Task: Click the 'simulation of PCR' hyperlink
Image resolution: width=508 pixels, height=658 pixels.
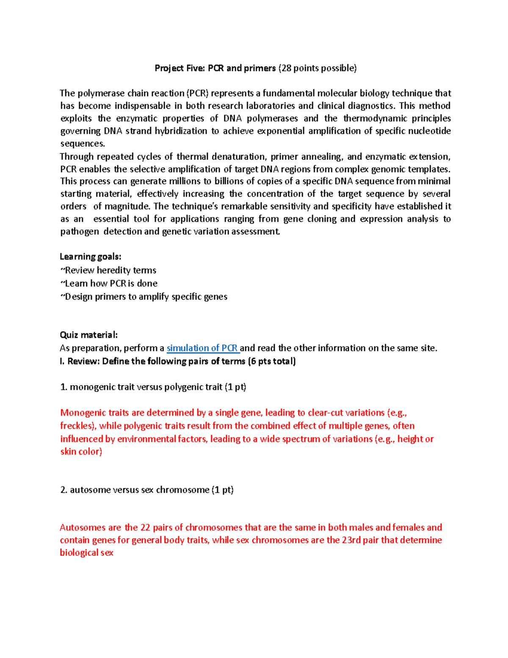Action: click(203, 348)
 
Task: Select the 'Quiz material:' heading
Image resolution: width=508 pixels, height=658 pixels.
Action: click(88, 335)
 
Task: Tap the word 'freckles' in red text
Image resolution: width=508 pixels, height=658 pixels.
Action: click(77, 426)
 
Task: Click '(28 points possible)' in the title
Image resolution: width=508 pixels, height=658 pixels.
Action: click(317, 68)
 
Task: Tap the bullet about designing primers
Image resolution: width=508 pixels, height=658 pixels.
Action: click(144, 297)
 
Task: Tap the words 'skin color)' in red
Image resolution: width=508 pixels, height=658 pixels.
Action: click(81, 452)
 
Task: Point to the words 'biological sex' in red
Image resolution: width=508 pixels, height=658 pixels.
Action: click(86, 553)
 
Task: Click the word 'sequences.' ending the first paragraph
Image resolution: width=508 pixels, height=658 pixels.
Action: click(82, 144)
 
